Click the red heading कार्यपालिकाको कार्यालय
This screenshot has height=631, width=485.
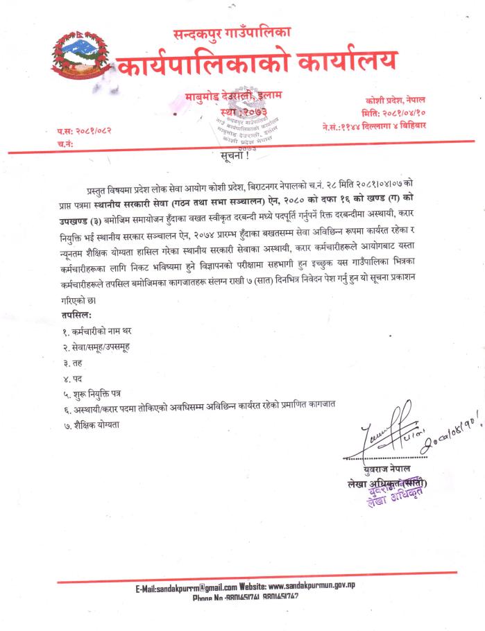(257, 64)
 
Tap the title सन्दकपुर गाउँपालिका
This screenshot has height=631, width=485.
(232, 33)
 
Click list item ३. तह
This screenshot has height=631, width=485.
(72, 363)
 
